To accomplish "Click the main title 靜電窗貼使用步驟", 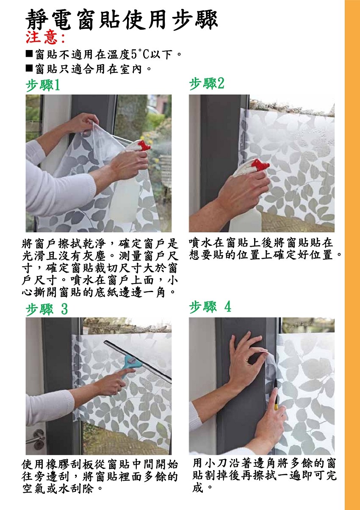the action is click(121, 20).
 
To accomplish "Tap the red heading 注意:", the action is click(45, 38).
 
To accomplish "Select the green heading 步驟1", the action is click(43, 85).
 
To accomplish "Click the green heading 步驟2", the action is click(207, 84).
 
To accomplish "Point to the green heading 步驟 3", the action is click(47, 309).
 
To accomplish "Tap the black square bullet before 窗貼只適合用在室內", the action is click(29, 68).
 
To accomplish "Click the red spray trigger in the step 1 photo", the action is click(143, 145).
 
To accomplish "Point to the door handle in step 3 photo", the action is click(36, 439).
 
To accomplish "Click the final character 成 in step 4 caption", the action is click(197, 487).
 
